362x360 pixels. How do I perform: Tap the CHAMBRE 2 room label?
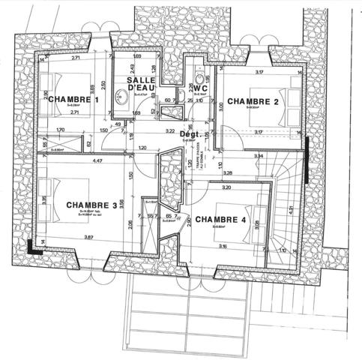(253, 100)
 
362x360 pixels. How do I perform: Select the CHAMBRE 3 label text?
(91, 205)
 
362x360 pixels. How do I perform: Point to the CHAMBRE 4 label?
(220, 219)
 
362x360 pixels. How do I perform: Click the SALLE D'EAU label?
(140, 84)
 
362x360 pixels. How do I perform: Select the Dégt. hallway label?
(189, 134)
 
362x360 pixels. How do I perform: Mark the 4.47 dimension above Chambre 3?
(97, 160)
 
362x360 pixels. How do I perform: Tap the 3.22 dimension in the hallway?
(169, 130)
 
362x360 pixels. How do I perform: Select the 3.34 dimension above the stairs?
(259, 155)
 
